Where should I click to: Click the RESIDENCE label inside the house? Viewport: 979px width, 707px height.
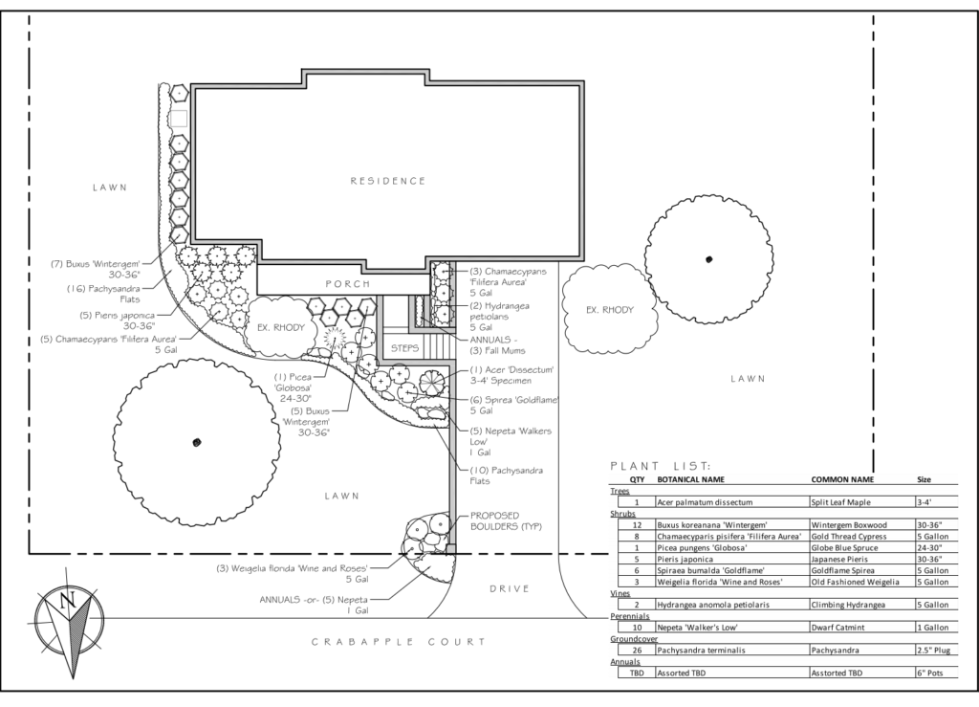tap(387, 180)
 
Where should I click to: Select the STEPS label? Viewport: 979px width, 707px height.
tap(404, 348)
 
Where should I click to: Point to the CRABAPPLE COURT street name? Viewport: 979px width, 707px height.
tap(398, 643)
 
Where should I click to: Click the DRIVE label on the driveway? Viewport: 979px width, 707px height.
tap(509, 588)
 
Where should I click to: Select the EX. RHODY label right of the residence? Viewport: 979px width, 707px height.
tap(610, 310)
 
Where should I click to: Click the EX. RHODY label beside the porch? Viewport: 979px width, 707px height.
tap(281, 328)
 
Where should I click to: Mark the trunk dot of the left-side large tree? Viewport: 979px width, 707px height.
tap(196, 442)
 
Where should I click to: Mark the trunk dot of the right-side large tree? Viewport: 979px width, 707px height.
tap(708, 258)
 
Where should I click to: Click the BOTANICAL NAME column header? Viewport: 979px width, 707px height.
tap(697, 479)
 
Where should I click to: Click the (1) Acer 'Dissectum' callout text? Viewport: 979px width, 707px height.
tap(511, 375)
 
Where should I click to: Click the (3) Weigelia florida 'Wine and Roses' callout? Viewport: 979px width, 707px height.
tap(294, 572)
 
